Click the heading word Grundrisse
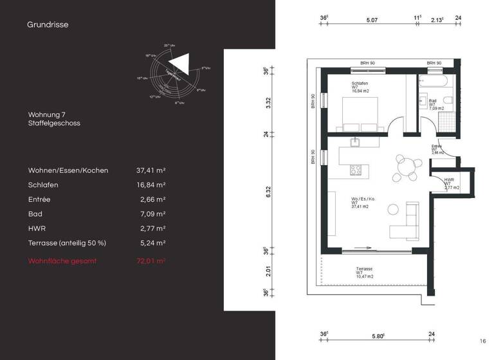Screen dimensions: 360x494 click(48, 25)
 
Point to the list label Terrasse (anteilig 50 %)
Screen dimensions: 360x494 click(67, 243)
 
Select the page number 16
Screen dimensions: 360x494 click(482, 341)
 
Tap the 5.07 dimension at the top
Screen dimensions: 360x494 click(372, 21)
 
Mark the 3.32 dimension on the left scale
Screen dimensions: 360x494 click(268, 103)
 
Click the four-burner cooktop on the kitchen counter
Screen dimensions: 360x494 click(354, 170)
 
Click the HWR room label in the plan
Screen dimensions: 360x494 click(448, 180)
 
